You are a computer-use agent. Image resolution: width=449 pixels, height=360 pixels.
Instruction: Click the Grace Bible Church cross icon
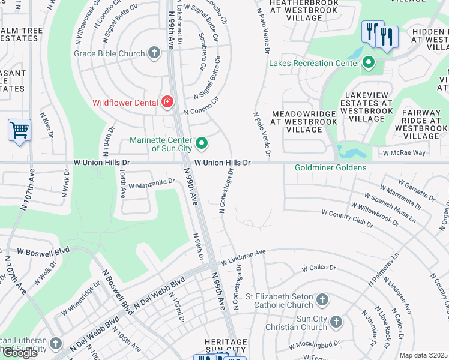(x=154, y=53)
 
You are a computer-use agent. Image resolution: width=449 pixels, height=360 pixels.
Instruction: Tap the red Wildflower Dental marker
(x=167, y=102)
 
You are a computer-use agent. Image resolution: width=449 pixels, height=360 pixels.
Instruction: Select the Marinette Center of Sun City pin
(x=202, y=143)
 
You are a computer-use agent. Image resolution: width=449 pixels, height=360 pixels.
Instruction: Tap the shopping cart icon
(x=19, y=129)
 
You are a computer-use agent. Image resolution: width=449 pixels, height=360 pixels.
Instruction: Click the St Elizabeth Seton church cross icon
(x=322, y=299)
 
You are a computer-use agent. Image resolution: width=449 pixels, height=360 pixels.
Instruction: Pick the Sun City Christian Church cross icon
(x=336, y=322)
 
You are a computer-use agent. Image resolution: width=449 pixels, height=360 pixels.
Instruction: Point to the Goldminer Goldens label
(x=330, y=167)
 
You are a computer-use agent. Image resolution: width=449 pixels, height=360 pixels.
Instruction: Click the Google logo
(x=20, y=352)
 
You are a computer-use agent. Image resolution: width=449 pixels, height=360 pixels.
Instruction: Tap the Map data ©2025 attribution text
(x=423, y=355)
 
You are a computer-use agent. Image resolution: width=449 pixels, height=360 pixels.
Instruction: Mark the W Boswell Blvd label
(x=44, y=251)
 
